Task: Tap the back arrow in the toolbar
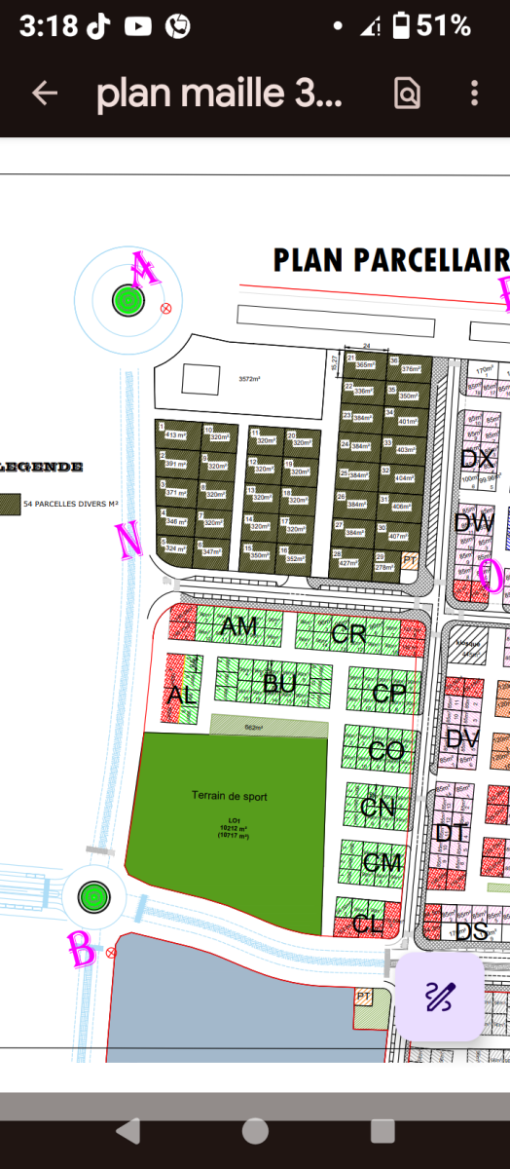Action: tap(45, 93)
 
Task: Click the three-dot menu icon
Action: tap(474, 93)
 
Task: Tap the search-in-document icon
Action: tap(407, 93)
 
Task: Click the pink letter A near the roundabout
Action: tap(146, 270)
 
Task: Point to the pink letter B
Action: tap(82, 948)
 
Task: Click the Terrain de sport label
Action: tap(230, 797)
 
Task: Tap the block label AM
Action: tap(239, 626)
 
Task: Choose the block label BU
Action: tap(279, 684)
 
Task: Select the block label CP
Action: tap(389, 694)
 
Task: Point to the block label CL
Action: tap(368, 924)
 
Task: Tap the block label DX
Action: tap(477, 459)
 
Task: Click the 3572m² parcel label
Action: tap(250, 379)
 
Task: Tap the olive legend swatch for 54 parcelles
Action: tap(10, 504)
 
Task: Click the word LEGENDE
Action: tap(43, 468)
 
